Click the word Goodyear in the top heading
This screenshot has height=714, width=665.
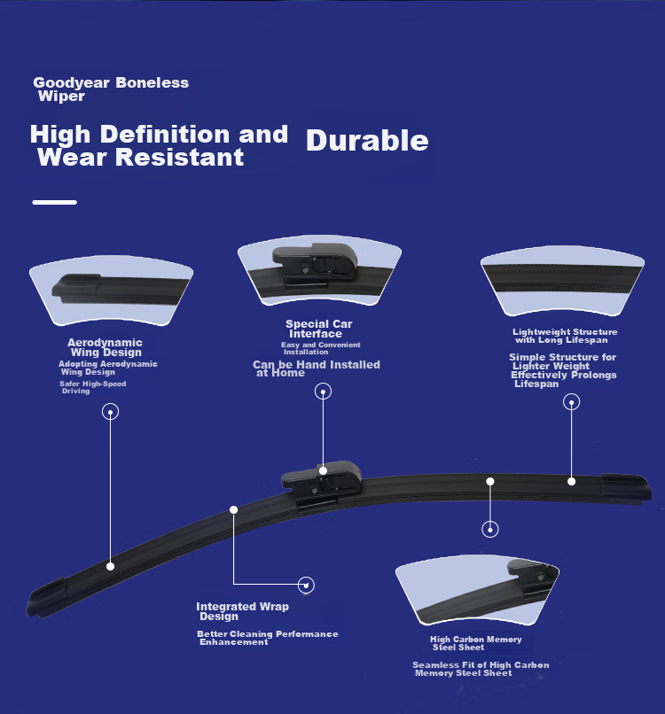point(72,83)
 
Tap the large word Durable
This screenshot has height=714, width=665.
point(367,140)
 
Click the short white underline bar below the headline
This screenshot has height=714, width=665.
point(55,202)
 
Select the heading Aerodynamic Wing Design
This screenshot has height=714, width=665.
point(106,347)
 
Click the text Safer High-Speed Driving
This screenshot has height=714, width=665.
point(92,387)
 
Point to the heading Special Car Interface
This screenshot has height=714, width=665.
point(319,329)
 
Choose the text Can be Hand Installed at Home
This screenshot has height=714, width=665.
point(317,369)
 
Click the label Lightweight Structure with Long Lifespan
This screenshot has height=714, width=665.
point(565,336)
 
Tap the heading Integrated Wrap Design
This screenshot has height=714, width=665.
point(242,611)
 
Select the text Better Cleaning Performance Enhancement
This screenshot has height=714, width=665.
point(268,638)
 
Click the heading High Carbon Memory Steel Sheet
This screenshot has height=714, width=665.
point(476,643)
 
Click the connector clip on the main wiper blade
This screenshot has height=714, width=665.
point(322,484)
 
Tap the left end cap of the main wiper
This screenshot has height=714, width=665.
point(45,598)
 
